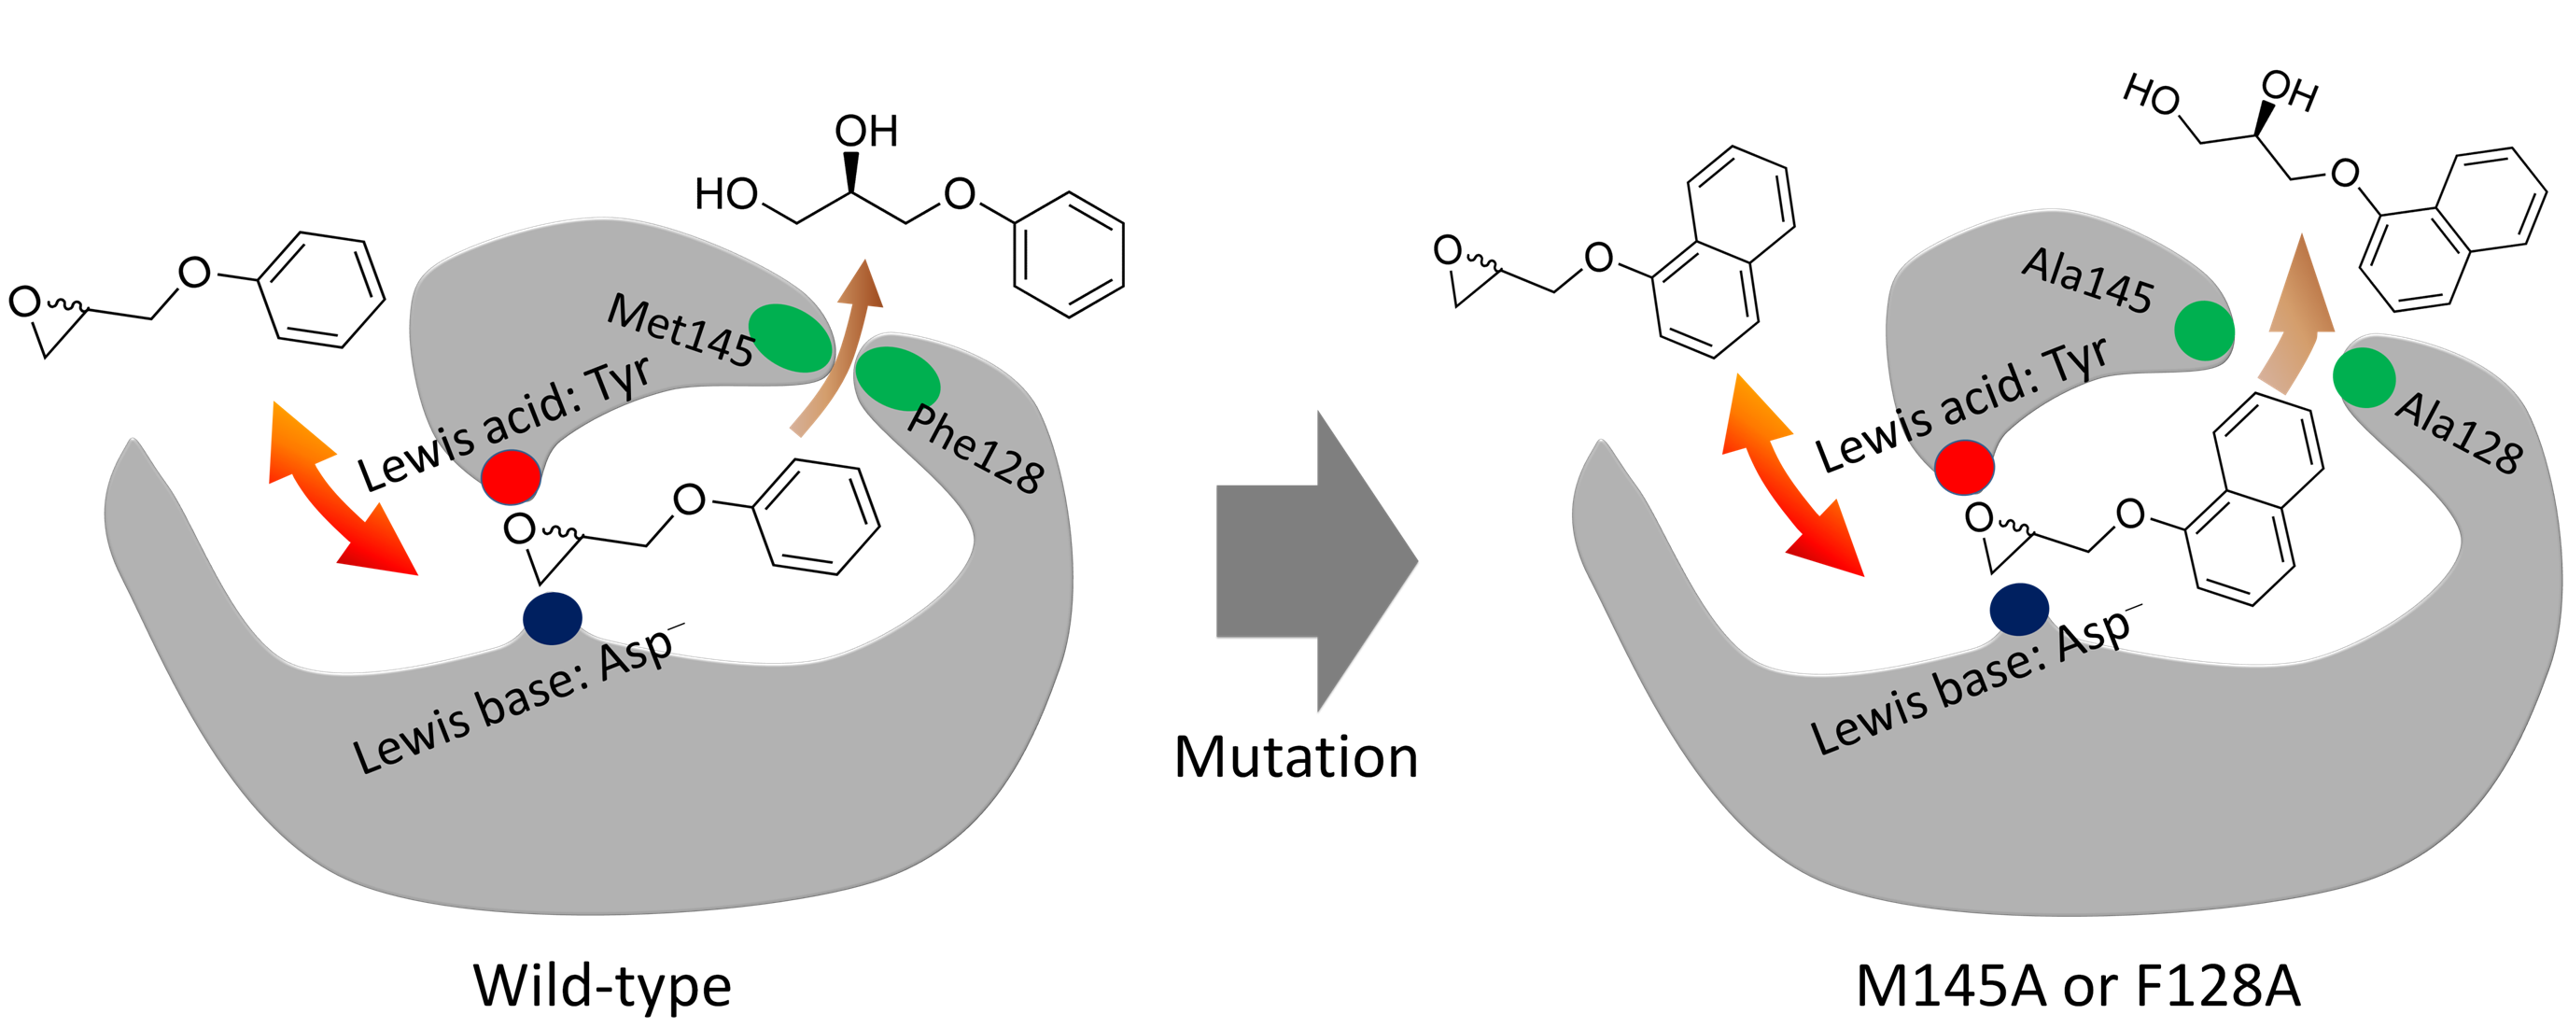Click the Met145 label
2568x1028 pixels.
[x=681, y=330]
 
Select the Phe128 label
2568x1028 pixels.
[x=975, y=449]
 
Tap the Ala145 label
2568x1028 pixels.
[x=2087, y=281]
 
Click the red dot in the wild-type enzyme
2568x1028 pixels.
[x=511, y=476]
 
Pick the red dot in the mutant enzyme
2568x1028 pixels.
[x=1964, y=466]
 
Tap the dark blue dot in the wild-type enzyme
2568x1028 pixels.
[x=553, y=618]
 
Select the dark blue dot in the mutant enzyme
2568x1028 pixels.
[x=2019, y=609]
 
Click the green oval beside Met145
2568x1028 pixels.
[x=790, y=338]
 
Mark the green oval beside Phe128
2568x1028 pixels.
[x=897, y=379]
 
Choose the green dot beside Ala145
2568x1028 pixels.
[x=2203, y=331]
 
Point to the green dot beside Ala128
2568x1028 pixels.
[x=2364, y=378]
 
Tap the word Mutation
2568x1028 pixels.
[x=1296, y=758]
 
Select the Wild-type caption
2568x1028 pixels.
[x=602, y=986]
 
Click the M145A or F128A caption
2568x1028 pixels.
[x=2078, y=986]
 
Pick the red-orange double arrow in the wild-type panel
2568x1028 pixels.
[x=341, y=489]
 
